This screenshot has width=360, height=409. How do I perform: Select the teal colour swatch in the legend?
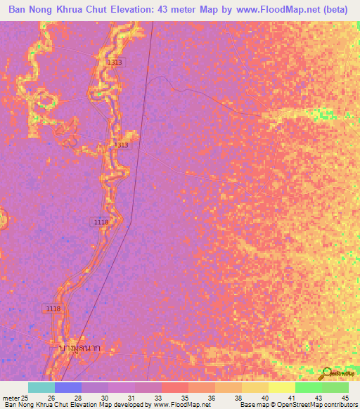coord(41,388)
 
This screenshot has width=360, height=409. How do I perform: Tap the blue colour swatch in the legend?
coord(68,388)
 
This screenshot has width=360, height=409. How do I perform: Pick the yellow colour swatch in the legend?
coord(281,388)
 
